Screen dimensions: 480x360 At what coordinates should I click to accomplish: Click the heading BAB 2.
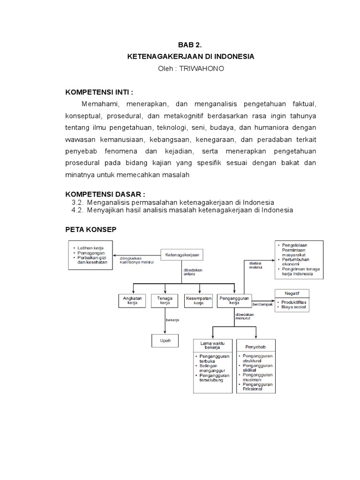189,45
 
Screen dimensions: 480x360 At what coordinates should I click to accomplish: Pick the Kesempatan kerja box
199,300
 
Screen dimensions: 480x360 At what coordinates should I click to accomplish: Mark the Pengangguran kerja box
234,300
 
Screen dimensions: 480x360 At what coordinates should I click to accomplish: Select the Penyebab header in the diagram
255,347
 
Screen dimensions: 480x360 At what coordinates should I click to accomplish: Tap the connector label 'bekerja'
172,320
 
